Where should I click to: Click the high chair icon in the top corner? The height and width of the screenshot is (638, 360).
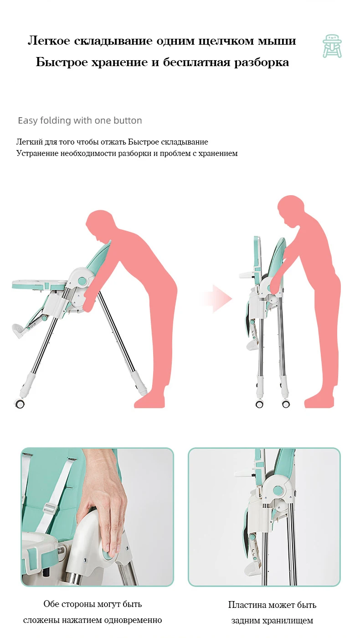tap(332, 46)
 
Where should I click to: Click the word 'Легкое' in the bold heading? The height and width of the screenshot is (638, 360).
tap(49, 41)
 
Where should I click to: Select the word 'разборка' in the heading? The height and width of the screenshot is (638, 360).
tap(261, 62)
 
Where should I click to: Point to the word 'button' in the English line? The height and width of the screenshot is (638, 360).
tap(128, 120)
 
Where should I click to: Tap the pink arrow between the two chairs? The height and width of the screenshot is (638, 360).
tap(219, 299)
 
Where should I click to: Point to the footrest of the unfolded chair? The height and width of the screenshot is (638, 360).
tap(19, 330)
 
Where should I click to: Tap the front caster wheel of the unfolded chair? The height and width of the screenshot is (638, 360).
tap(20, 404)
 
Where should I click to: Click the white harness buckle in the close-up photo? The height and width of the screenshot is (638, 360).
tap(51, 508)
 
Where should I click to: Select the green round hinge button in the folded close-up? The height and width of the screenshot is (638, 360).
tap(277, 490)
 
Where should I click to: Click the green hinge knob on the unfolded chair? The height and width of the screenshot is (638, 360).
tap(82, 280)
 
